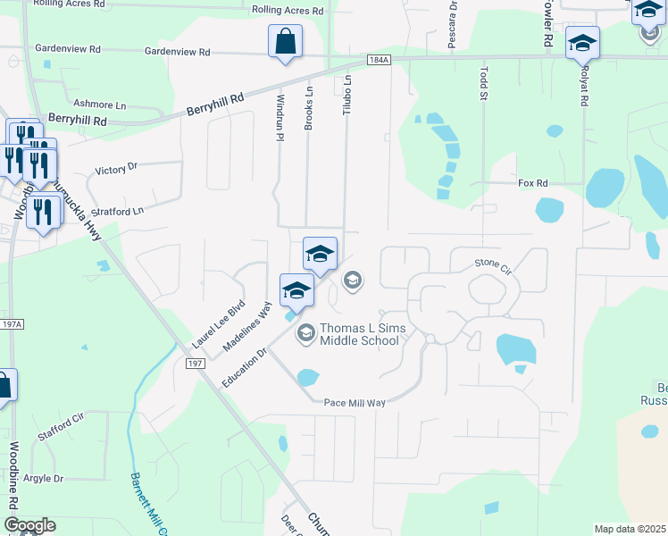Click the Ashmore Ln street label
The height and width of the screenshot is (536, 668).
click(97, 104)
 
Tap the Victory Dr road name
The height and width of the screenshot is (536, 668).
click(117, 167)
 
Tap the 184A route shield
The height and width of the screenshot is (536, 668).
click(379, 60)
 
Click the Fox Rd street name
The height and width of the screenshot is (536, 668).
click(532, 182)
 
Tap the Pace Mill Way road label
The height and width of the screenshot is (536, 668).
click(355, 403)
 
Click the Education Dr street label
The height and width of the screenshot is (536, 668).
click(245, 367)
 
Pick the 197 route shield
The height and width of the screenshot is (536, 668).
click(196, 364)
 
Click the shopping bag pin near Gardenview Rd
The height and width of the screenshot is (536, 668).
click(285, 41)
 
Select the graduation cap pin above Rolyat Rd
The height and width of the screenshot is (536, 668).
click(582, 42)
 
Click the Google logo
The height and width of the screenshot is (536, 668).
click(29, 525)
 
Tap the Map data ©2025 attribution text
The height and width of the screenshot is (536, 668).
click(630, 529)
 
